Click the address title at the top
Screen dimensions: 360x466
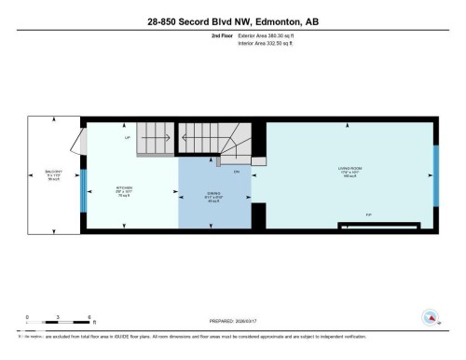(232, 21)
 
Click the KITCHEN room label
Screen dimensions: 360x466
(124, 188)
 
